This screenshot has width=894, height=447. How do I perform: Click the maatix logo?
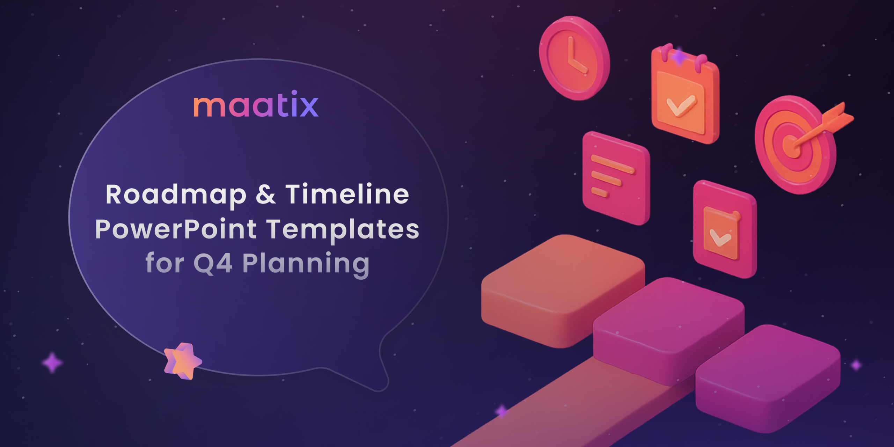pos(256,104)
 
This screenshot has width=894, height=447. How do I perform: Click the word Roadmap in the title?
pos(176,195)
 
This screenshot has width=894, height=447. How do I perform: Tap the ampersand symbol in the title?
pos(266,194)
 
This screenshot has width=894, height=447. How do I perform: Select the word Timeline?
pos(347,194)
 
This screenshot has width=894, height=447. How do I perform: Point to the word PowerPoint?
pos(176,229)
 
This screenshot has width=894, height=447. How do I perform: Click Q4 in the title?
pos(213,263)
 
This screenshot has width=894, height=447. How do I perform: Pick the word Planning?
pos(306,264)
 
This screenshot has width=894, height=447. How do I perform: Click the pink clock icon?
pos(574,58)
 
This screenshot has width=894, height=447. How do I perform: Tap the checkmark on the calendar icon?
pos(681,105)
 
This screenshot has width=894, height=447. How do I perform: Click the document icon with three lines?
pos(616,178)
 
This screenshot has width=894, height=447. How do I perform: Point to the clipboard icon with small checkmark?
pos(725,229)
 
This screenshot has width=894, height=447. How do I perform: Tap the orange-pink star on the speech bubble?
pos(183,361)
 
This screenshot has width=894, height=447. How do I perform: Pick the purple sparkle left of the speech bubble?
pos(52,363)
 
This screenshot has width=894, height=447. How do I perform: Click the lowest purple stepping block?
pos(768,379)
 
